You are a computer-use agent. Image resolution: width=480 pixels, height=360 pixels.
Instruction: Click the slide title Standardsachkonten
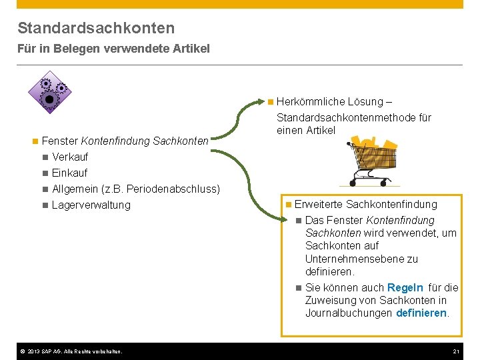pyautogui.click(x=96, y=28)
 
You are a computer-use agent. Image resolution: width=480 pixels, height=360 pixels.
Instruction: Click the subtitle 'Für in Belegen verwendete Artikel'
pyautogui.click(x=113, y=49)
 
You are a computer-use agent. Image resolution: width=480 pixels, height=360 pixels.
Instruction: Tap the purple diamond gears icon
pyautogui.click(x=49, y=92)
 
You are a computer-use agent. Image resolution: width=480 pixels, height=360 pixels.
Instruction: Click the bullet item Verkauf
pyautogui.click(x=70, y=157)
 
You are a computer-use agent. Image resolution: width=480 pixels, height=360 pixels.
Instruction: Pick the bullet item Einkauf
pyautogui.click(x=70, y=173)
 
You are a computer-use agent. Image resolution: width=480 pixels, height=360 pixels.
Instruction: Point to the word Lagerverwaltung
pyautogui.click(x=91, y=205)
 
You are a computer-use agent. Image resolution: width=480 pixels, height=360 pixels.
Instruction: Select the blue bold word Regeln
pyautogui.click(x=405, y=288)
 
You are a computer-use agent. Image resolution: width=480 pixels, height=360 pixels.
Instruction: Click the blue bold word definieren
pyautogui.click(x=421, y=313)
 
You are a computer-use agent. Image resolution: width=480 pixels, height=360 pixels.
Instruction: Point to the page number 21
pyautogui.click(x=456, y=351)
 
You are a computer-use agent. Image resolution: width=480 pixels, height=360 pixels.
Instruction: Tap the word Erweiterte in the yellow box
pyautogui.click(x=319, y=205)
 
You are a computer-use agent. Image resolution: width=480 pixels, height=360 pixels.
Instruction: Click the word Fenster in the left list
pyautogui.click(x=59, y=141)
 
